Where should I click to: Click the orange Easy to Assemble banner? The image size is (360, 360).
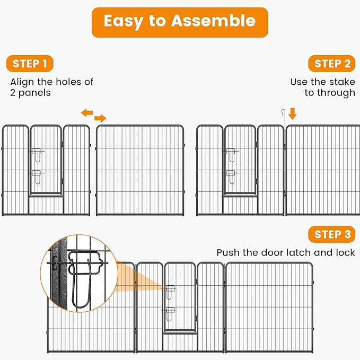[x=180, y=22]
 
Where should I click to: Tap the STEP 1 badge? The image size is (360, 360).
[x=30, y=64]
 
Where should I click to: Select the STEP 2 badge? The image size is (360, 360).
[x=332, y=64]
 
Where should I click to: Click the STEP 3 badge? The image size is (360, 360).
[x=332, y=234]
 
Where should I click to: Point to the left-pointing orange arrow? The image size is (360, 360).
[x=86, y=112]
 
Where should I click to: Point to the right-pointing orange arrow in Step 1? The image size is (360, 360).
[x=100, y=118]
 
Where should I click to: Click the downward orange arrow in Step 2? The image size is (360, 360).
[x=293, y=113]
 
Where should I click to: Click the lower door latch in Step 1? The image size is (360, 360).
[x=36, y=174]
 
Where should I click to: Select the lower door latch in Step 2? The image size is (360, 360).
[x=231, y=174]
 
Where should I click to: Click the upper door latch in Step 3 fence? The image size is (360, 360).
[x=170, y=291]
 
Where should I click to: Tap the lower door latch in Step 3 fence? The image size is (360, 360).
[x=170, y=312]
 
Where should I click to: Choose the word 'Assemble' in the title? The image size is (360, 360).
[x=213, y=21]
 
